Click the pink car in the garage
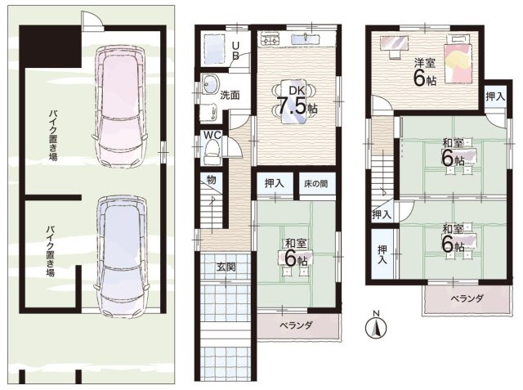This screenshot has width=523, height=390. click(120, 106)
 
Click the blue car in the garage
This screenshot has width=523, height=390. click(121, 256)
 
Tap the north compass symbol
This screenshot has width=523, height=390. click(376, 326)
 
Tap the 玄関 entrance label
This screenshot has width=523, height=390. click(226, 267)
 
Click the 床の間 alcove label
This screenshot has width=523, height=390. click(315, 183)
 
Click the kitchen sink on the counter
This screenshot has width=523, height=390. click(306, 38)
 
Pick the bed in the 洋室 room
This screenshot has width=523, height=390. click(458, 59)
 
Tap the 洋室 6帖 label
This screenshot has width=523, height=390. click(425, 73)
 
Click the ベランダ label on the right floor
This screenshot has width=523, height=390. click(467, 298)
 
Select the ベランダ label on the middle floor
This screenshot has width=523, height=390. click(296, 325)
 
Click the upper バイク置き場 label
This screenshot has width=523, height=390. click(53, 135)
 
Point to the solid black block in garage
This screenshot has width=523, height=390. click(51, 47)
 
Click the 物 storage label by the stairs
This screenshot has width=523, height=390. click(212, 180)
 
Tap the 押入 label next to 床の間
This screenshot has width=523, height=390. click(275, 183)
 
